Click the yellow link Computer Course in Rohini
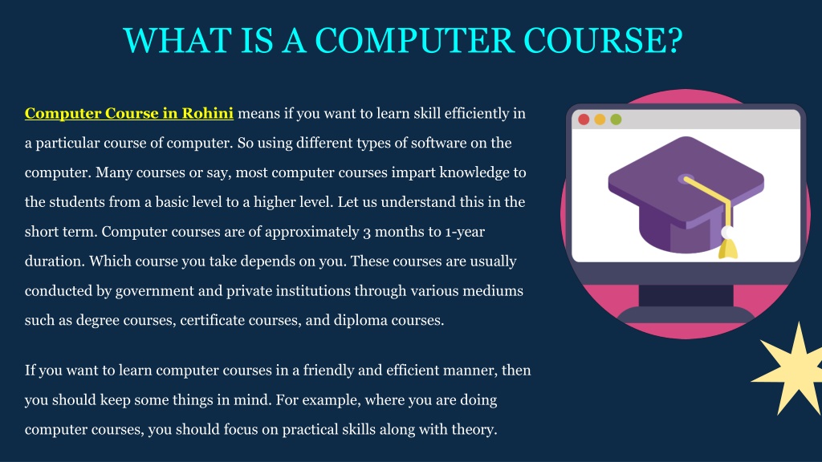tap(129, 113)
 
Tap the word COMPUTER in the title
tap(415, 40)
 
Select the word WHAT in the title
tap(177, 40)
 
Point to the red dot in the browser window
tap(584, 120)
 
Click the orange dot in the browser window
tap(600, 120)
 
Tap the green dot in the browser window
tap(616, 120)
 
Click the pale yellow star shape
tap(791, 369)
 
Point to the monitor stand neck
tap(686, 295)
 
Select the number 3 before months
tap(366, 232)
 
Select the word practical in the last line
tap(311, 430)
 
